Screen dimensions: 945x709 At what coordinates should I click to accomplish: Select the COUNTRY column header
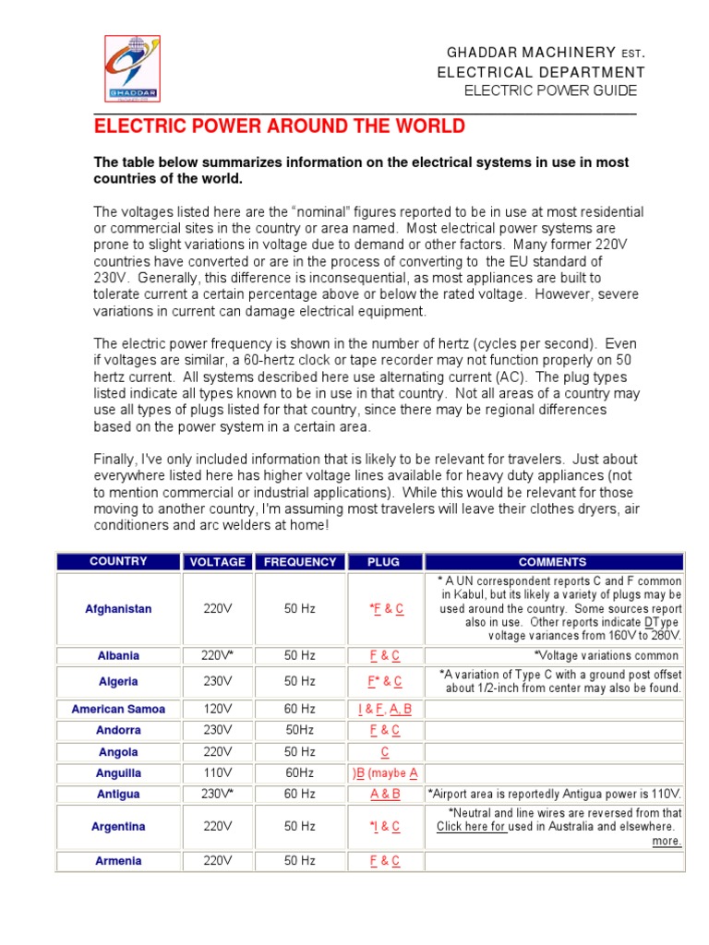[x=118, y=561]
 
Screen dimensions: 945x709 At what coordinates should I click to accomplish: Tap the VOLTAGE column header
[x=218, y=561]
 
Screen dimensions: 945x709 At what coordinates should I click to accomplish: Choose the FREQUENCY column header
[x=300, y=561]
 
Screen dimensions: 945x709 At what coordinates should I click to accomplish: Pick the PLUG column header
[x=384, y=561]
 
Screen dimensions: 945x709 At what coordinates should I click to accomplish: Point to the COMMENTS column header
[x=552, y=561]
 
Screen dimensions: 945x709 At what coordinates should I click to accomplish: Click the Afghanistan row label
[x=118, y=609]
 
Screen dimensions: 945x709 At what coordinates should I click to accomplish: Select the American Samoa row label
[x=118, y=709]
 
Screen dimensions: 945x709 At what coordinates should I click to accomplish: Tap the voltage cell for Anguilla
[x=218, y=773]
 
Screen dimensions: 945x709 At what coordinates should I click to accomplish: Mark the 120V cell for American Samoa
[x=218, y=709]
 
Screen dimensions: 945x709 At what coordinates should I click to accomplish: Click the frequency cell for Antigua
[x=300, y=794]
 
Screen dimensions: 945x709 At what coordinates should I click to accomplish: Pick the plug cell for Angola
[x=385, y=752]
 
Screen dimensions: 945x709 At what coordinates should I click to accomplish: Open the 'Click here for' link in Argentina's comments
[x=471, y=827]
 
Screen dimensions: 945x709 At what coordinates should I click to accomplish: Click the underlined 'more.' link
[x=667, y=841]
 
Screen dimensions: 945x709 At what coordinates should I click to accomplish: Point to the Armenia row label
[x=118, y=861]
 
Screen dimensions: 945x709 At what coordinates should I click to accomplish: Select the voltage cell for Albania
[x=218, y=655]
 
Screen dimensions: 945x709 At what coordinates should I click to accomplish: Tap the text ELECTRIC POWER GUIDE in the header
[x=549, y=90]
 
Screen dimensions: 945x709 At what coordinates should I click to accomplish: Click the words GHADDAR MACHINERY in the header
[x=518, y=53]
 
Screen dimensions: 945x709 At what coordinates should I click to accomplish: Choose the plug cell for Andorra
[x=385, y=730]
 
